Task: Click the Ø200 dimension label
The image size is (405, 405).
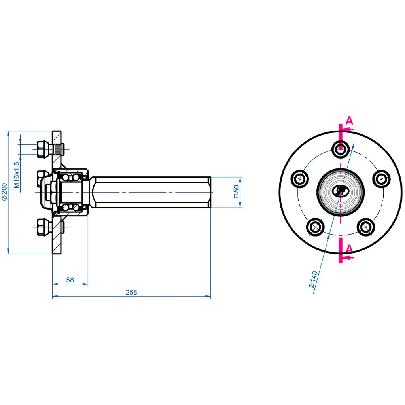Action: [x=4, y=192]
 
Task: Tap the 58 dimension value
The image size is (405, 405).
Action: [x=70, y=280]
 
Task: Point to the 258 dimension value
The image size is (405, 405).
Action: [x=131, y=293]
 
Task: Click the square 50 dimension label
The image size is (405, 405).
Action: [x=236, y=192]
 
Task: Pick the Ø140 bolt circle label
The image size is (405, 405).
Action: [x=313, y=279]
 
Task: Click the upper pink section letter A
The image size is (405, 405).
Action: [x=349, y=121]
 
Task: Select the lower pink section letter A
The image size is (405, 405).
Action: [x=349, y=249]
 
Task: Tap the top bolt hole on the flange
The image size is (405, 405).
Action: [x=340, y=149]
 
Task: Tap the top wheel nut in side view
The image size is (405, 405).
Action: [x=42, y=149]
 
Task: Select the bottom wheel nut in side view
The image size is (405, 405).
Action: [x=42, y=227]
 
